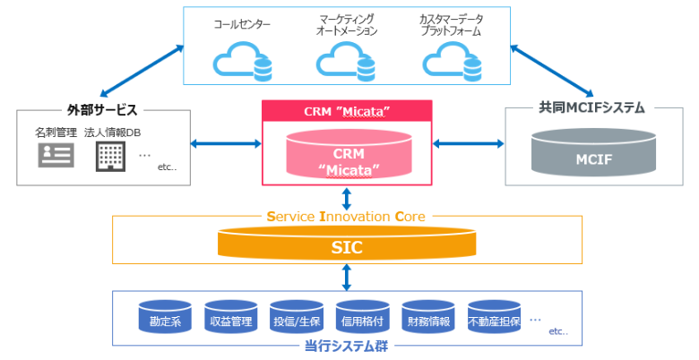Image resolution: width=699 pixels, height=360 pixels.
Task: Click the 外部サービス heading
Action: pos(102,110)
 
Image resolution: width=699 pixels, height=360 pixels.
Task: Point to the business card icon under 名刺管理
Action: pos(56,155)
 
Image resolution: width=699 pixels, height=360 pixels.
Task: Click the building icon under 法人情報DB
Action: pos(108,155)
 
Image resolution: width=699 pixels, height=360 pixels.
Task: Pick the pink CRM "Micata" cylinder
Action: pos(347,157)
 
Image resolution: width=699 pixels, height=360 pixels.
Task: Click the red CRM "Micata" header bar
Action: pos(347,111)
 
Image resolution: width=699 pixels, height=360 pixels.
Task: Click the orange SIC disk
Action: pos(346,245)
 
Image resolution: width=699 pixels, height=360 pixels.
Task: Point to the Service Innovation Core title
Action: pos(346,216)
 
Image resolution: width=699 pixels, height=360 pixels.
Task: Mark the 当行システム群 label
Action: pos(346,347)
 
